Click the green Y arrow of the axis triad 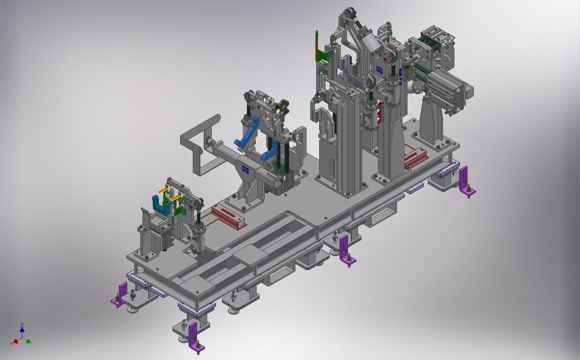tap(29, 341)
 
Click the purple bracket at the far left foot tap(121, 294)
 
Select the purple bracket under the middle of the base tap(345, 249)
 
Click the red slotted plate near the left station tap(228, 216)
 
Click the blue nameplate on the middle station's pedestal tap(245, 169)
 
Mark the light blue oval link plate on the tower tap(353, 80)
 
